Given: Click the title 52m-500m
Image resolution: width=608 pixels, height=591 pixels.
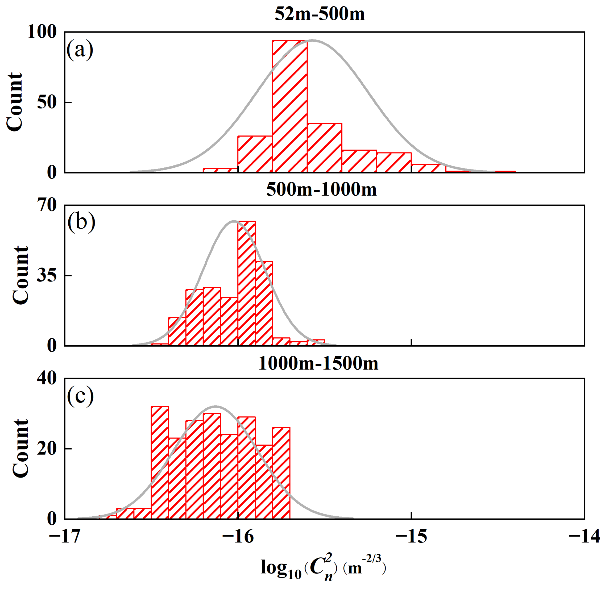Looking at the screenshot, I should pyautogui.click(x=320, y=14).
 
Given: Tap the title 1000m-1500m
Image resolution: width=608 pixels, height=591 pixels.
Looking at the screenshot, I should pyautogui.click(x=318, y=363).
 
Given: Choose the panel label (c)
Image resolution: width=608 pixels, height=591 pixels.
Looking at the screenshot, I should pyautogui.click(x=80, y=396).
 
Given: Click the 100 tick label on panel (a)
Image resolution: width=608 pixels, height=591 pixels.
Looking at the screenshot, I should pyautogui.click(x=42, y=32).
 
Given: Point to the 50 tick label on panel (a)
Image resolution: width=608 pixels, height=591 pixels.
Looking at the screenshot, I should pyautogui.click(x=47, y=102).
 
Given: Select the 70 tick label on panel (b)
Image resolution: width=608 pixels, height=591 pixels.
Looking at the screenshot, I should pyautogui.click(x=47, y=205).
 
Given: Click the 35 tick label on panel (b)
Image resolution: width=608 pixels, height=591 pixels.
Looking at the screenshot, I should pyautogui.click(x=47, y=275).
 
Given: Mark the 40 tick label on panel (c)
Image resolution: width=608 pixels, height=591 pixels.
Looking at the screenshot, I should pyautogui.click(x=47, y=378).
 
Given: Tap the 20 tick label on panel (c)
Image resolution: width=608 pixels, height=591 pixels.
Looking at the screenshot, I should pyautogui.click(x=47, y=449).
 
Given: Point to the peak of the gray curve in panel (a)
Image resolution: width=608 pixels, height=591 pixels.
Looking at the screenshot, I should pyautogui.click(x=313, y=40).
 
